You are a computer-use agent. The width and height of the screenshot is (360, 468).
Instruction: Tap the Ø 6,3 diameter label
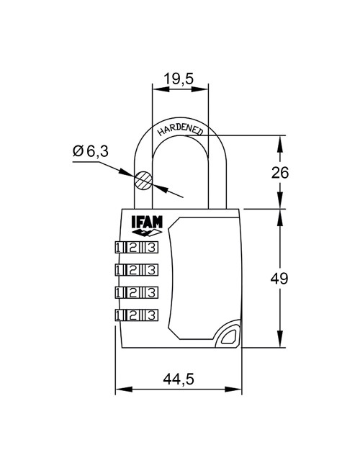(90, 152)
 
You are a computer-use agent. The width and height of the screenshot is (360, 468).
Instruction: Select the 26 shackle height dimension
(301, 172)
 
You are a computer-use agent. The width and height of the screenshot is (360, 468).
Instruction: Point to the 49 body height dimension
(301, 278)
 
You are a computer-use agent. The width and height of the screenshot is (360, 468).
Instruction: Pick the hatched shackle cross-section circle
(144, 179)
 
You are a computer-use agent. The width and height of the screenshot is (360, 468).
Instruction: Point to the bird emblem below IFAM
(147, 233)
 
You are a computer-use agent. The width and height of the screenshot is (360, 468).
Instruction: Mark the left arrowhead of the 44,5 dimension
(120, 390)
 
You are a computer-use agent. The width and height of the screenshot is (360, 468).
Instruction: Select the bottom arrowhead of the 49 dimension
(280, 344)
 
